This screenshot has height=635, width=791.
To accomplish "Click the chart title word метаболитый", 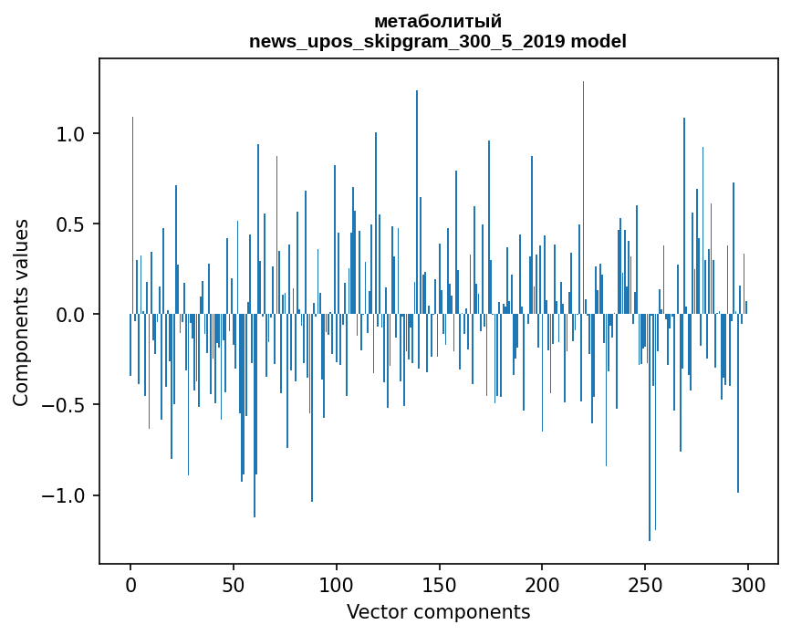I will click(438, 22).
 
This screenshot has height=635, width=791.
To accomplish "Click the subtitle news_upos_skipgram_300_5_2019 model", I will click(438, 41).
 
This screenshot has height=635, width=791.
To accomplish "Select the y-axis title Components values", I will click(20, 312).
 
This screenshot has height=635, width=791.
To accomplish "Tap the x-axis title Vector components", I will click(438, 612).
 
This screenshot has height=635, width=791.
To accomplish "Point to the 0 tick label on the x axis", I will click(130, 583).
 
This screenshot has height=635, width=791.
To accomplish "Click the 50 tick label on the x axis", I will click(234, 583).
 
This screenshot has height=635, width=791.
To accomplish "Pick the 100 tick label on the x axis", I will click(337, 583).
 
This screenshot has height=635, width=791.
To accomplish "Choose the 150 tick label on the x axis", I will click(440, 583).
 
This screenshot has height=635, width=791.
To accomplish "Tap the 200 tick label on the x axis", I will click(543, 583).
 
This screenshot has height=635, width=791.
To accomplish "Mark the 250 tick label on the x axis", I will click(646, 583).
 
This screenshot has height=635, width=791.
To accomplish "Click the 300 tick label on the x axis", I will click(749, 583).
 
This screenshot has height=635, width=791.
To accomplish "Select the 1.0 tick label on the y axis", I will click(71, 134).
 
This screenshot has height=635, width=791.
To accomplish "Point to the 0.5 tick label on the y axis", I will click(71, 224).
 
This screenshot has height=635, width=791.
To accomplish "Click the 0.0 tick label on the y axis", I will click(71, 315).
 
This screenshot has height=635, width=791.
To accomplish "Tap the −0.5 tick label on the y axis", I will click(65, 405).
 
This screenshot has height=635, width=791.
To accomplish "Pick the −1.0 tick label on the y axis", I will click(65, 495).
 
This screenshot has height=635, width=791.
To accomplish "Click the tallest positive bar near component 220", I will click(583, 182).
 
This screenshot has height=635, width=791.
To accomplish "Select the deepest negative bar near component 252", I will click(650, 438).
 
